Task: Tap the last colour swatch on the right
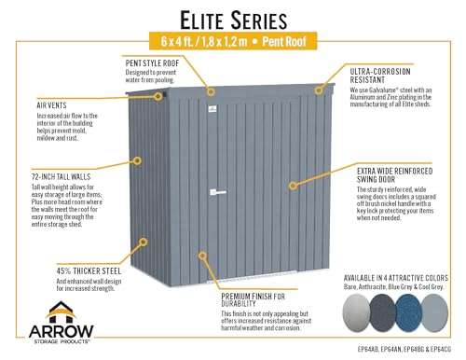pos(440,317)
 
